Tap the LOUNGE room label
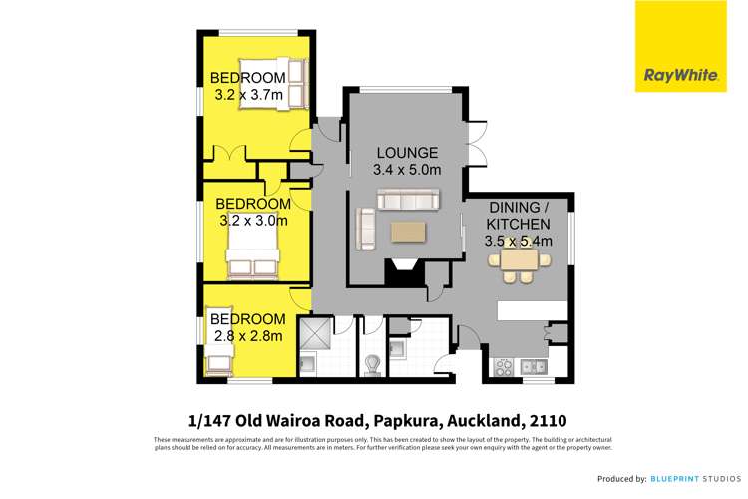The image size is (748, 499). click(406, 153)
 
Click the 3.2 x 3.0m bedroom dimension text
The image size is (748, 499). click(252, 220)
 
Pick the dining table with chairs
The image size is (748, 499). click(519, 262)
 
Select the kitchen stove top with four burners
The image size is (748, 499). click(505, 365)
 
